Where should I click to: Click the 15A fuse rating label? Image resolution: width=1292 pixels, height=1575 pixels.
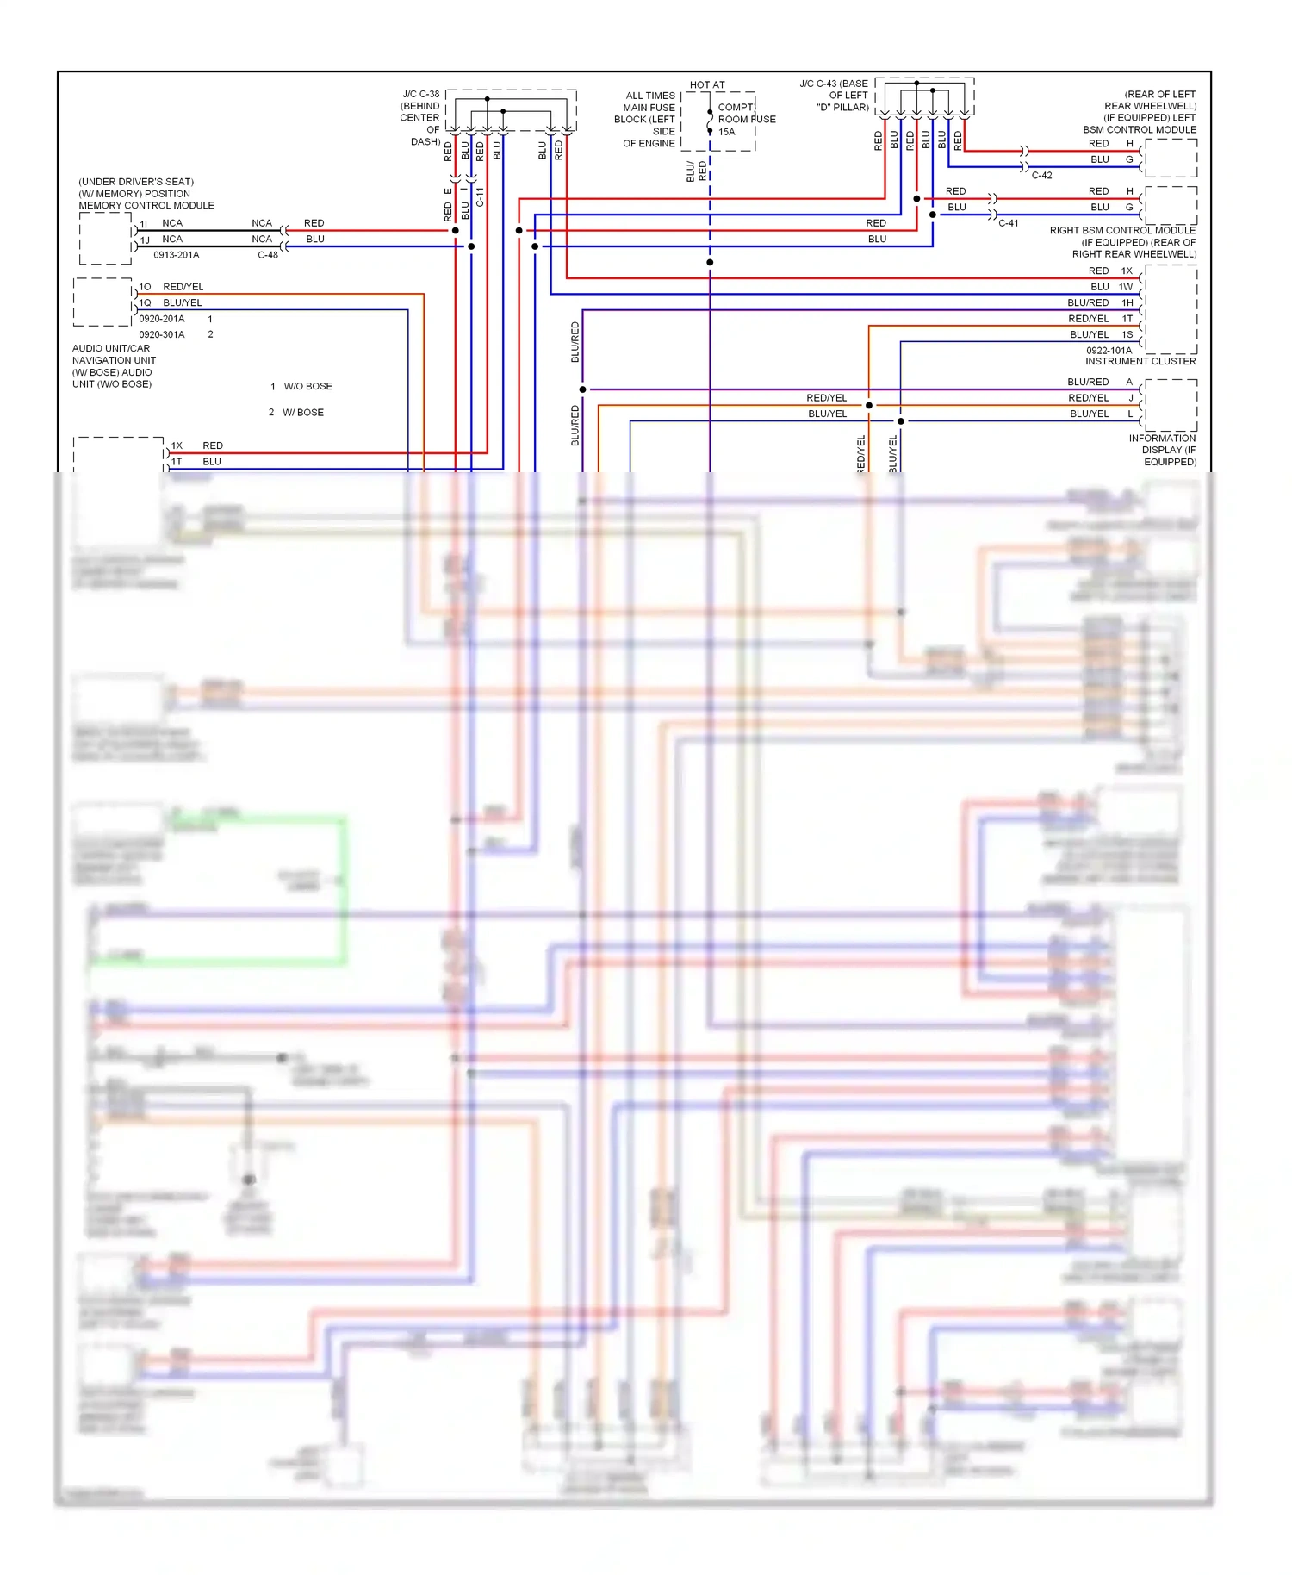[x=726, y=132]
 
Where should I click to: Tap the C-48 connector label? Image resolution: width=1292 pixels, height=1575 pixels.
[x=267, y=255]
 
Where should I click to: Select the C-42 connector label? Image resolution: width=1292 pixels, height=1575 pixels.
[x=1041, y=175]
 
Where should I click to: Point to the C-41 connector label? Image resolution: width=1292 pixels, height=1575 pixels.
[x=1008, y=223]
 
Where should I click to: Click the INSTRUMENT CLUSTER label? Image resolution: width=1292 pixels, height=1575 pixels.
[x=1140, y=361]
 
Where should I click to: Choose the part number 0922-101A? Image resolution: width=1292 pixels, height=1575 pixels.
[x=1109, y=350]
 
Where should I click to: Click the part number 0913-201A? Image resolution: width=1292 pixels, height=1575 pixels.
[x=176, y=255]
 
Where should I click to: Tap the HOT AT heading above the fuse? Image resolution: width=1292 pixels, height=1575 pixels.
[x=707, y=84]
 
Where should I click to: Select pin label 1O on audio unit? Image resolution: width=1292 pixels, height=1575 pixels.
[x=145, y=287]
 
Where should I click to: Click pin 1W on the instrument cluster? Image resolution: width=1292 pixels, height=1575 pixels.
[x=1126, y=287]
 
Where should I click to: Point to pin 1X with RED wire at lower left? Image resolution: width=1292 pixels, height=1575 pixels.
[x=177, y=445]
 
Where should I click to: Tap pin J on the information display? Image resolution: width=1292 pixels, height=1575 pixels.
[x=1130, y=398]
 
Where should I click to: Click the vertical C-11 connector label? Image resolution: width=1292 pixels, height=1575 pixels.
[x=480, y=196]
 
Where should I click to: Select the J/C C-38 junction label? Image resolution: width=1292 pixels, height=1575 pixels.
[x=420, y=94]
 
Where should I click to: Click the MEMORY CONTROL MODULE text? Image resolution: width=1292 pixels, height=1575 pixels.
[x=146, y=205]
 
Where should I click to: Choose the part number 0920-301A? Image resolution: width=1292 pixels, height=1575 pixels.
[x=161, y=334]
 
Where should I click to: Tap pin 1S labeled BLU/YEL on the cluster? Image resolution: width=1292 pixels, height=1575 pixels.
[x=1127, y=334]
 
